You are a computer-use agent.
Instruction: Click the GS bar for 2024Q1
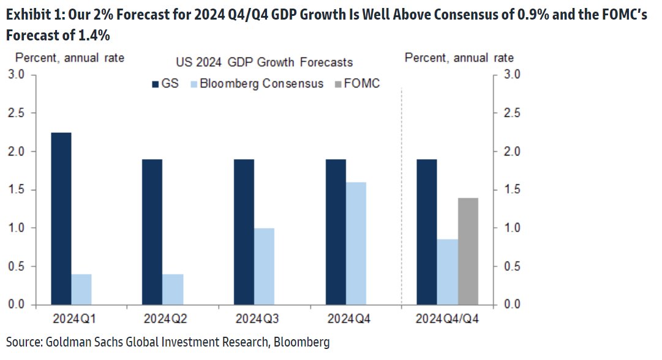click(x=61, y=219)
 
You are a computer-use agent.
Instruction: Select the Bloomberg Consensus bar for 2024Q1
click(x=81, y=289)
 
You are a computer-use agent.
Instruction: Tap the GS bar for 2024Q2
click(x=152, y=231)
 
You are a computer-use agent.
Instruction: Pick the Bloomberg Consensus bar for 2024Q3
click(x=264, y=266)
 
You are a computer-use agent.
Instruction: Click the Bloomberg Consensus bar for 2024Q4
click(x=356, y=243)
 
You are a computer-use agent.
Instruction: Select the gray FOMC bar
click(x=468, y=251)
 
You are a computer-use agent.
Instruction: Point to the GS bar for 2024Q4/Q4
click(x=427, y=231)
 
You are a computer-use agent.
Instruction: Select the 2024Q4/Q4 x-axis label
click(x=447, y=320)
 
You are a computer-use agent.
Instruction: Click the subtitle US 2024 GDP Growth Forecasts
click(x=265, y=62)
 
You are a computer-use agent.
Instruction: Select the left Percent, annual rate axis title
click(x=70, y=58)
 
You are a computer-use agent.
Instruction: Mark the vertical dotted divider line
click(x=401, y=196)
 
